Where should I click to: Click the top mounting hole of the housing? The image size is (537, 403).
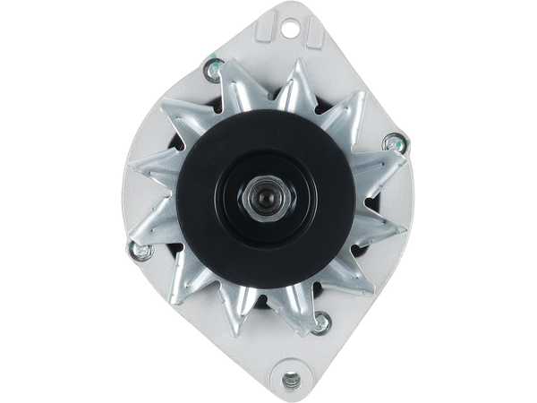click(x=289, y=30)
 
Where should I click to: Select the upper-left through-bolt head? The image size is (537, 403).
click(x=213, y=66)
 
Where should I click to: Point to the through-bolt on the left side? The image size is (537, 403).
click(x=138, y=250)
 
